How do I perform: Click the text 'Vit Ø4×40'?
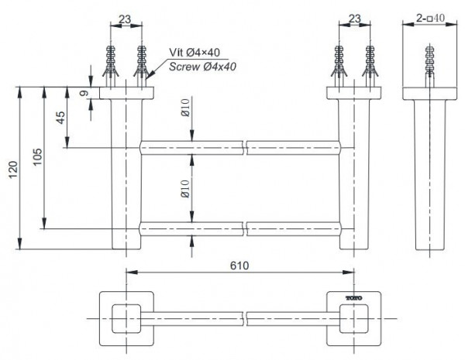tap(195, 53)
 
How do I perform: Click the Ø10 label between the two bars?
tap(186, 188)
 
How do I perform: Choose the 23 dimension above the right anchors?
tap(354, 17)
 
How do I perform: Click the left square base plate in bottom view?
tap(127, 318)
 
